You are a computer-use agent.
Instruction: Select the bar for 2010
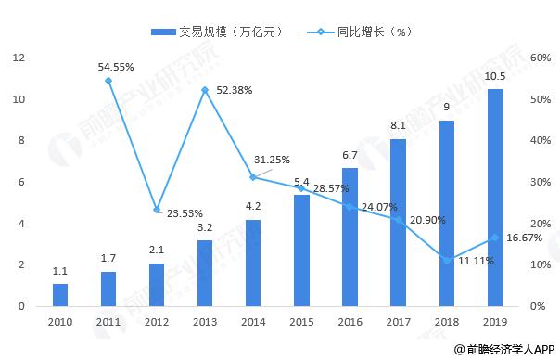point(60,295)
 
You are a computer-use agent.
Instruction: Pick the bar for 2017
point(399,223)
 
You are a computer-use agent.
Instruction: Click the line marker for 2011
point(108,81)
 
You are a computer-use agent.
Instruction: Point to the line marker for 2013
point(205,90)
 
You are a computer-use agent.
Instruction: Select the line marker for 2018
point(447,260)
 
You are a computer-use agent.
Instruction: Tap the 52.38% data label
point(233,90)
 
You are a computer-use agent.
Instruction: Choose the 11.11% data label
point(475,262)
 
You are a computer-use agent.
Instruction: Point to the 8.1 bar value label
point(399,126)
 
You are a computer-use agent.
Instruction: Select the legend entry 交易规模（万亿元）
point(217,32)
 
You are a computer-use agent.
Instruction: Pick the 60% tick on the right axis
point(541,58)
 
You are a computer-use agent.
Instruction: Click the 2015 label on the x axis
point(302,322)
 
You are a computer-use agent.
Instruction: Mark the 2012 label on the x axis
point(157,322)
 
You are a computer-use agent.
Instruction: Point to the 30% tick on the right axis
point(541,182)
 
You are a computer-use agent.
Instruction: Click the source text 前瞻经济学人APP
point(507,349)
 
